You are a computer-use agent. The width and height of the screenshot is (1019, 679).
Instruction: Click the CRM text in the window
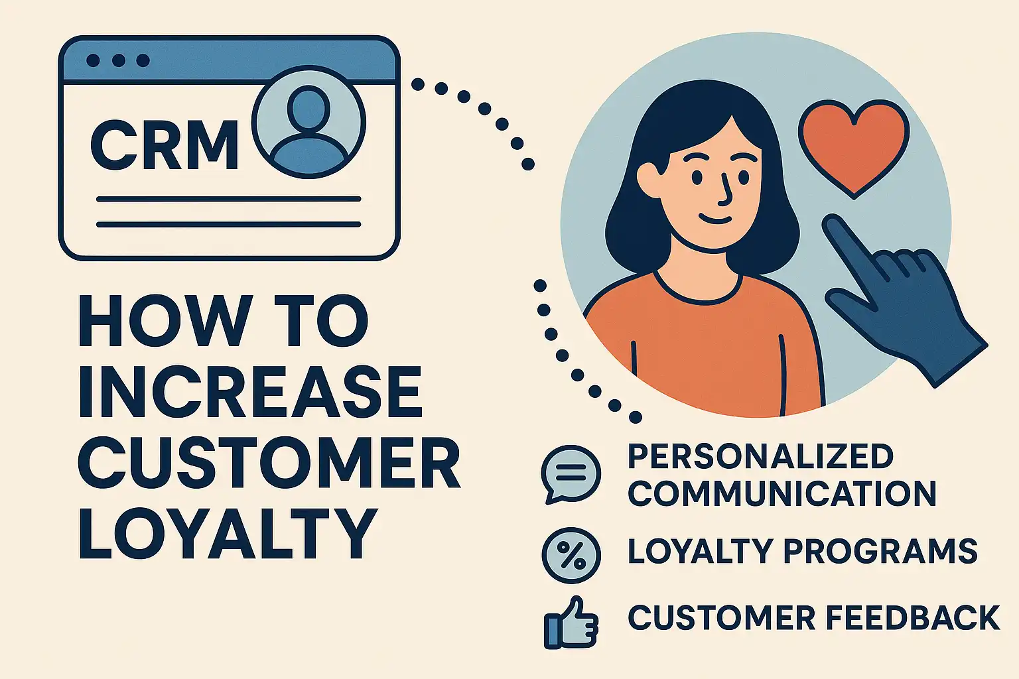coord(164,145)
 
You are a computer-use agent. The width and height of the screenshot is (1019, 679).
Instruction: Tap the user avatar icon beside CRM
coord(309,122)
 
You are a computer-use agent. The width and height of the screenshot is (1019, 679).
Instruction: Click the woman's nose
coord(726,192)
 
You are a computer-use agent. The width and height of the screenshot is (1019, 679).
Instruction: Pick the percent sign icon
coord(571,555)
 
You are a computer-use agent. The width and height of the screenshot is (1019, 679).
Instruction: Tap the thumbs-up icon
coord(571,623)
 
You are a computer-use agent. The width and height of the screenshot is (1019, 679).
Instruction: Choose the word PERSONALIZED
coord(760,457)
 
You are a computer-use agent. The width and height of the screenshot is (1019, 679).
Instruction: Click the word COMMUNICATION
coord(781,494)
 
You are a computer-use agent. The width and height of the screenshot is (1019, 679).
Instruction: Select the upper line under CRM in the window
coord(228,199)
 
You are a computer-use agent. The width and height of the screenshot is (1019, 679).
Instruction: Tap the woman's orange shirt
coord(703,345)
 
